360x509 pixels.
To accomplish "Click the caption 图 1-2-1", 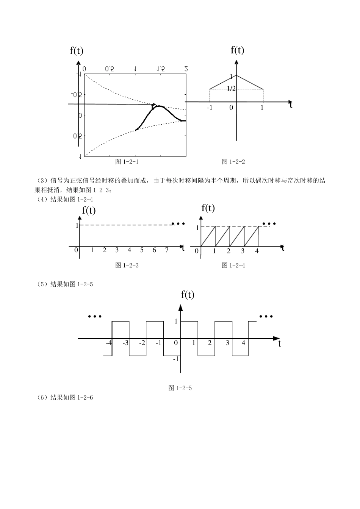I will coord(127,162).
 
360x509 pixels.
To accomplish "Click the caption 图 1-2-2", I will coord(233,162).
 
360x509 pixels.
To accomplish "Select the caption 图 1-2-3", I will coord(127,265).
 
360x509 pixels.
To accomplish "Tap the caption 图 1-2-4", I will coord(233,265).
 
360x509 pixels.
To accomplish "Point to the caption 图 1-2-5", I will coord(180,388).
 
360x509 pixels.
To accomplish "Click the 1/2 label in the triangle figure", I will coord(231,89).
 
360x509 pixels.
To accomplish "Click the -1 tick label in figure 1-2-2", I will coord(210,108).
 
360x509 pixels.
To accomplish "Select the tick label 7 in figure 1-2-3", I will coord(167,250).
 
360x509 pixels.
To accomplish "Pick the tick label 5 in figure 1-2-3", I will coord(142,250).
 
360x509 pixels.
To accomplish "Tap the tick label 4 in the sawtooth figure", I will coord(257,251).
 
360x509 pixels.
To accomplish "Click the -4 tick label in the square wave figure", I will coord(109,343).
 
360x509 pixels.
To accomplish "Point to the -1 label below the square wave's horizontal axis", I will coord(176,359).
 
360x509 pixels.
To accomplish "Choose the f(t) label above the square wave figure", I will coord(188,295).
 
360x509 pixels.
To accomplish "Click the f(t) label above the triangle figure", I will coord(237,50).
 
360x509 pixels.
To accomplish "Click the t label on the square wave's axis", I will coord(280,344).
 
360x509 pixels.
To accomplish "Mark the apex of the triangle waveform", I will coord(236,75).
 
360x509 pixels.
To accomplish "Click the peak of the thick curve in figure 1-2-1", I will coord(159,106).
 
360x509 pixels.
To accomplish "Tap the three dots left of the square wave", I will coord(95,317).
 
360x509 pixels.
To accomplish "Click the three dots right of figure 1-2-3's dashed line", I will coord(178,224).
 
